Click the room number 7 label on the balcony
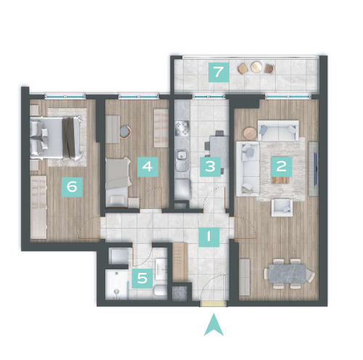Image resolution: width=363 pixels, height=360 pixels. pos(219,72)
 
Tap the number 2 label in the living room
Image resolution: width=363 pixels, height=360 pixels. pos(282,167)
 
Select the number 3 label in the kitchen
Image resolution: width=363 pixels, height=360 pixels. pos(210,167)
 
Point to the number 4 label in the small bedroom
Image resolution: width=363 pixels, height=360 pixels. pos(147,167)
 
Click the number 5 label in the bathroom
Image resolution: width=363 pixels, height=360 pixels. pos(142,278)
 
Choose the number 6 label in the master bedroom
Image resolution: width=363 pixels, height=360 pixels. pos(72,187)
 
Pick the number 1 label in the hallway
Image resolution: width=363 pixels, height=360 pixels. pos(209,237)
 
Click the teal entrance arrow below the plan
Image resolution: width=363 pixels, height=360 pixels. pos(213,324)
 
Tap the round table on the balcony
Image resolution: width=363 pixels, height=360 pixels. pos(256,67)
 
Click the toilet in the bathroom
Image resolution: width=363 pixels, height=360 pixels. pos(160,290)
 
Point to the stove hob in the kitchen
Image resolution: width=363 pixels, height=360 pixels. pos(182,128)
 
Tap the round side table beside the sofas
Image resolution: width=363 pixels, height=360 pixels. pos(250,133)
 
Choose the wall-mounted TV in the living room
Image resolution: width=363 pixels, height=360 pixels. pos(315,168)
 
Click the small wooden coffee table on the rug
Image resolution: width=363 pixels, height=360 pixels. pos(281,181)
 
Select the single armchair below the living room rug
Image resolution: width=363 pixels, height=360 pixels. pos(282,208)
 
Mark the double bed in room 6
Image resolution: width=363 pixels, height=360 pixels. pos(56,138)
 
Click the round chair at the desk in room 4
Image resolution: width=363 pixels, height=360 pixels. pos(126,131)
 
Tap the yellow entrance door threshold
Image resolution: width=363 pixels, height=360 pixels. pos(213,304)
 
